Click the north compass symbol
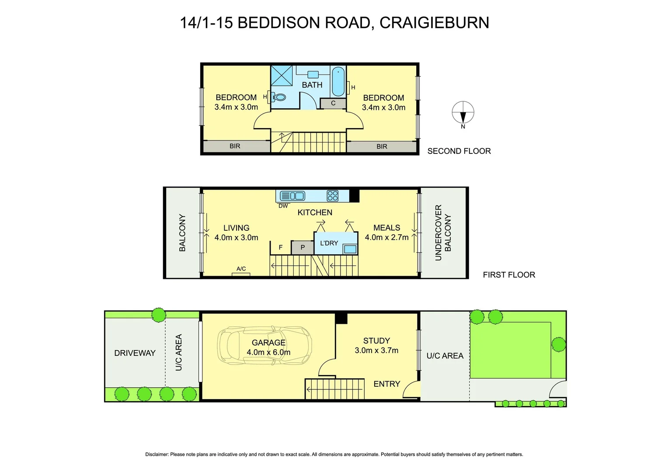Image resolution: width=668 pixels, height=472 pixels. click(463, 113)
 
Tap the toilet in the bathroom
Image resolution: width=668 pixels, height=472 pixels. click(279, 97)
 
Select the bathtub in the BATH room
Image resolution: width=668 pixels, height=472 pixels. click(338, 82)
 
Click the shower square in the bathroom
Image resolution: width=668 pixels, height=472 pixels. click(282, 75)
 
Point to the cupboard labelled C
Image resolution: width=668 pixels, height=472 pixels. click(333, 104)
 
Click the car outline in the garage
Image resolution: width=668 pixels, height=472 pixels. click(265, 345)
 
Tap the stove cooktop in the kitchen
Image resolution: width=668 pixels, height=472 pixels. click(333, 195)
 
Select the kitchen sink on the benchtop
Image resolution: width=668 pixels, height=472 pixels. click(292, 196)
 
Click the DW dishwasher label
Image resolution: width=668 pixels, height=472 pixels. click(283, 206)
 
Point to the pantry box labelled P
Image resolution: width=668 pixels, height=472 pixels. click(303, 247)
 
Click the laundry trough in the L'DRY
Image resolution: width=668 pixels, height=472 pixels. click(350, 249)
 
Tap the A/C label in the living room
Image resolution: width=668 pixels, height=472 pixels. click(241, 269)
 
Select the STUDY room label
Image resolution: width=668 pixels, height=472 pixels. click(376, 340)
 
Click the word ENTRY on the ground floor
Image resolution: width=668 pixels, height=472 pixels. click(387, 384)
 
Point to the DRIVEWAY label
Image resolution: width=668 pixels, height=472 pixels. click(135, 353)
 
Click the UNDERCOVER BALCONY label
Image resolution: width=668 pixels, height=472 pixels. click(443, 233)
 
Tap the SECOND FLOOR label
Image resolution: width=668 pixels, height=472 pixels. click(459, 151)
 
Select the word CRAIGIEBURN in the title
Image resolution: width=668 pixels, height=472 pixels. click(434, 23)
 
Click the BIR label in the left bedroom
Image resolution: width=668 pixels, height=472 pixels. click(235, 146)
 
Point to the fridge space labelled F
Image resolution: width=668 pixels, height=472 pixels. click(281, 247)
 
